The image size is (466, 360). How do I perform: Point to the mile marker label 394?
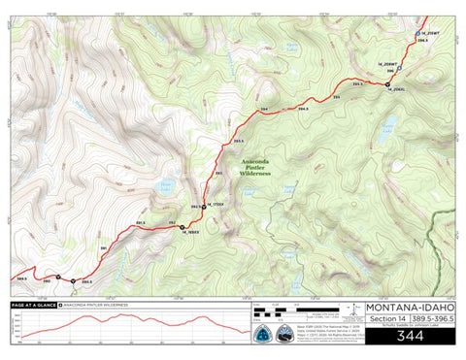(265, 110)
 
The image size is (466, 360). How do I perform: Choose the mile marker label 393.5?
(239, 141)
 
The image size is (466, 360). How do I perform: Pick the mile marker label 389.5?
(21, 278)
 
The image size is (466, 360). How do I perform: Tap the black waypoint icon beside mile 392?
(182, 227)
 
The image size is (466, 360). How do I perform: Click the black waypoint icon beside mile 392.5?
(205, 204)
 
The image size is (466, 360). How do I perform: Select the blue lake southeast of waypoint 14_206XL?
(390, 124)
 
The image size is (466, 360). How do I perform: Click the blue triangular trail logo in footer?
(263, 332)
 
